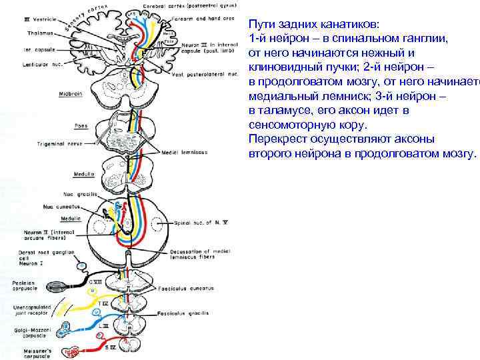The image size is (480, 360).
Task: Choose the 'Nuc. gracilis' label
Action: point(80,194)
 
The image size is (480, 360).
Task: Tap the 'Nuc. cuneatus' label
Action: point(61,207)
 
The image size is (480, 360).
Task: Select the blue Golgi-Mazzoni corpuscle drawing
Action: point(67,328)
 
